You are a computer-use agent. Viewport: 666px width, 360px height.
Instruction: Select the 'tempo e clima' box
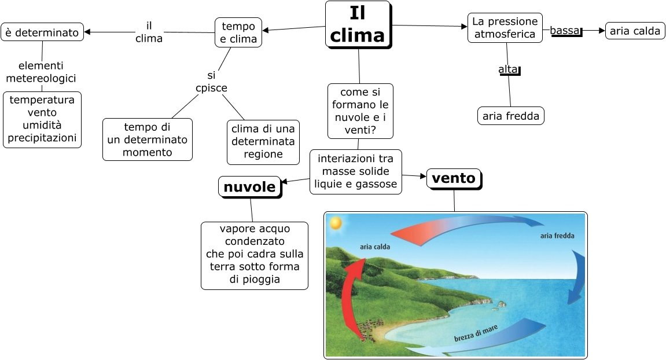click(238, 32)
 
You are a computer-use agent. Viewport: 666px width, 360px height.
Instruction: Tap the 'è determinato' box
click(42, 32)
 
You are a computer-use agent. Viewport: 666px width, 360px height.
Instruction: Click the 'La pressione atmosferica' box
click(505, 28)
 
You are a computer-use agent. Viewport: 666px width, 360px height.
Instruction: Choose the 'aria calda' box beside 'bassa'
click(635, 31)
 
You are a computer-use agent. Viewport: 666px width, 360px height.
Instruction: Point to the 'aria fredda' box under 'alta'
click(511, 116)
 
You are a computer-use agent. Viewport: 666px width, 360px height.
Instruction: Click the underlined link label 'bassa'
click(565, 30)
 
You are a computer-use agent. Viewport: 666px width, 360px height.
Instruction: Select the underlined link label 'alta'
click(509, 69)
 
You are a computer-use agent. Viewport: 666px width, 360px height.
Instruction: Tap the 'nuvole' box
click(249, 187)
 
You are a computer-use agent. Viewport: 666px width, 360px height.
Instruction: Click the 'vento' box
click(454, 178)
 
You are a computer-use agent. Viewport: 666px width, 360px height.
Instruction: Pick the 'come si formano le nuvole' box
click(360, 111)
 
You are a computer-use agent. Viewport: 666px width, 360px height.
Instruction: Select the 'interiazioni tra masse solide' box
click(355, 171)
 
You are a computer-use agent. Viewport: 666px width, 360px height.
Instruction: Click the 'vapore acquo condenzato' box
click(255, 255)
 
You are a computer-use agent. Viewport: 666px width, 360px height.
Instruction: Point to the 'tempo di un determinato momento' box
click(148, 139)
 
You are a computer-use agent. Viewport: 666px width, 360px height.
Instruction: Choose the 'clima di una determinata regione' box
click(263, 141)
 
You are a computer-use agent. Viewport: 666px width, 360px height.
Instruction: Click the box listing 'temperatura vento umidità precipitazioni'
click(42, 119)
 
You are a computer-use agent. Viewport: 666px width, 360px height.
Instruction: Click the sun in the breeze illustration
click(335, 222)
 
